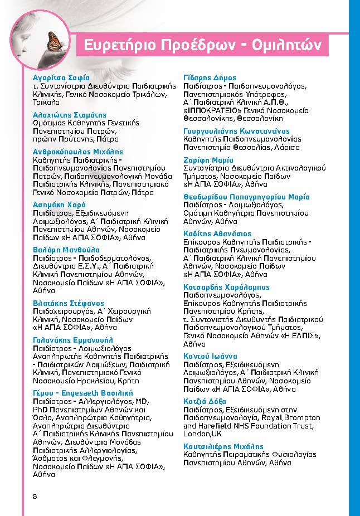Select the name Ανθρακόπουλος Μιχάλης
(x=78, y=152)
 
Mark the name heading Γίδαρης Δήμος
(x=210, y=78)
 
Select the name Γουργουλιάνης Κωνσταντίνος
(x=237, y=132)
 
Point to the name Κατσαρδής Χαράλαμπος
(x=226, y=287)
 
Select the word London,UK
(x=203, y=434)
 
